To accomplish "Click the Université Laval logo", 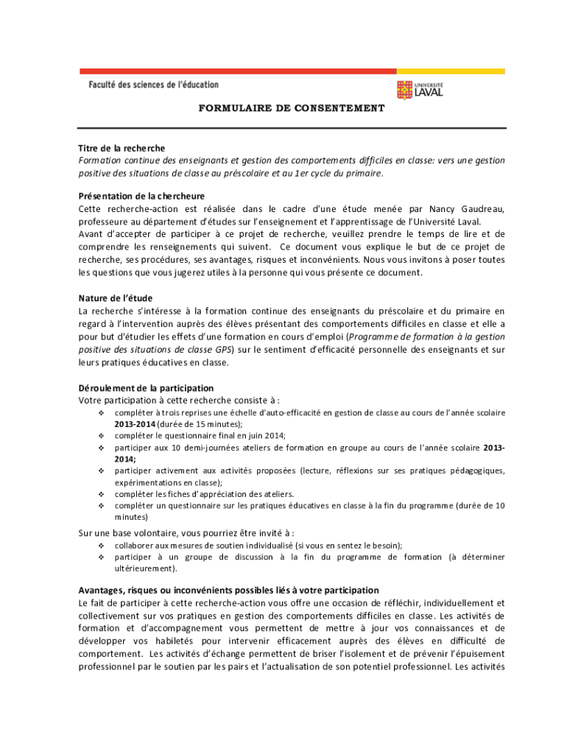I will tap(420, 90).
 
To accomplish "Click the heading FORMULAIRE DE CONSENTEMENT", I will tap(292, 108).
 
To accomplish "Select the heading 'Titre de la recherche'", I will tap(121, 148).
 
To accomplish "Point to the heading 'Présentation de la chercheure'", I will tap(141, 197).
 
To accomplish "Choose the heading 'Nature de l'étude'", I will tap(116, 298).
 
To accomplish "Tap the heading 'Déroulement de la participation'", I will tap(146, 388).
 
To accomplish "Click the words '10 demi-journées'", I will tap(184, 447).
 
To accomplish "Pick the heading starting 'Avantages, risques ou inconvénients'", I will tap(229, 590).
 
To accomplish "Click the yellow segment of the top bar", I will tap(451, 71).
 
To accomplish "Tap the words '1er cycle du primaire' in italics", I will tap(342, 173).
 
